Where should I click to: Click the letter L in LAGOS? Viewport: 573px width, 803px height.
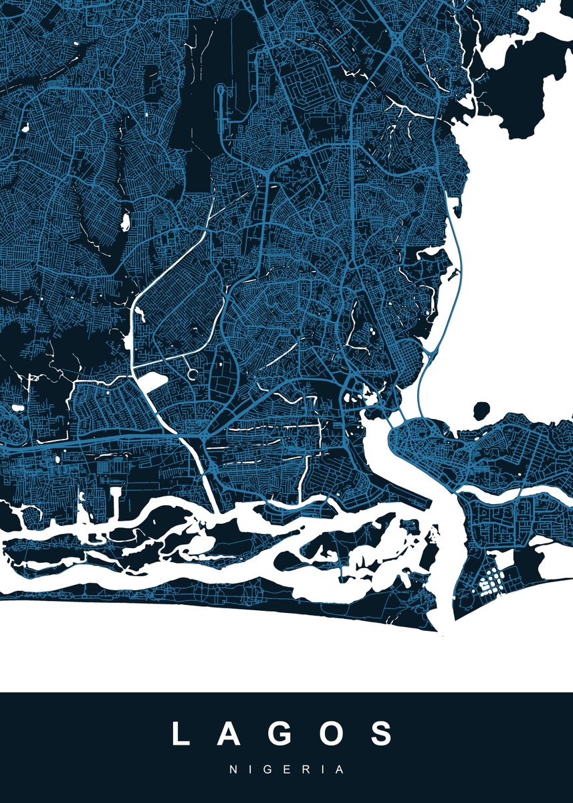pos(182,733)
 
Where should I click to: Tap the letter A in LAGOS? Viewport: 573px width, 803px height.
pos(233,733)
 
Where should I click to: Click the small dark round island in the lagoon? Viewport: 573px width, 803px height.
pos(481,410)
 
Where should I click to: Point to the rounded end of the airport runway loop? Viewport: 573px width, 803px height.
pos(221,90)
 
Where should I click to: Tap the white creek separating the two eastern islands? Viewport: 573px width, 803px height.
pos(515,492)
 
